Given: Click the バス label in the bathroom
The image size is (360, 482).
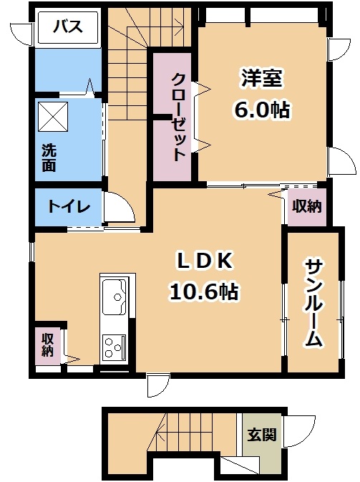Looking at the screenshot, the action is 68,26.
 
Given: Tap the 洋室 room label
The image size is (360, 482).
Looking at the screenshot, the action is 262,78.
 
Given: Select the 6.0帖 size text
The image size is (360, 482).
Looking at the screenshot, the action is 262,109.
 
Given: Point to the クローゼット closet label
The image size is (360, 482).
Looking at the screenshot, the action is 179,117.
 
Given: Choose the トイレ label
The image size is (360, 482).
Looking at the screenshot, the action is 69,206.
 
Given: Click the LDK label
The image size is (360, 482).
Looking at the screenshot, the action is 204,261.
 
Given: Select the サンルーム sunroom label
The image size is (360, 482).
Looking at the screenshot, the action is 313,304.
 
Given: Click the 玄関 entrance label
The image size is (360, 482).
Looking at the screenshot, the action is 262,435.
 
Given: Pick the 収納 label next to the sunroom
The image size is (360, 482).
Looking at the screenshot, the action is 306,206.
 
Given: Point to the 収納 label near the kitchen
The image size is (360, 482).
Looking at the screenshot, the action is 48,345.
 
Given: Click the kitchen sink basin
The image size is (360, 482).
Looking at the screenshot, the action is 115,297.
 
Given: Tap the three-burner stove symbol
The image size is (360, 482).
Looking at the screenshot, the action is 115,348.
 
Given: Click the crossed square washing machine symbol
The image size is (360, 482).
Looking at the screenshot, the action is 53,117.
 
